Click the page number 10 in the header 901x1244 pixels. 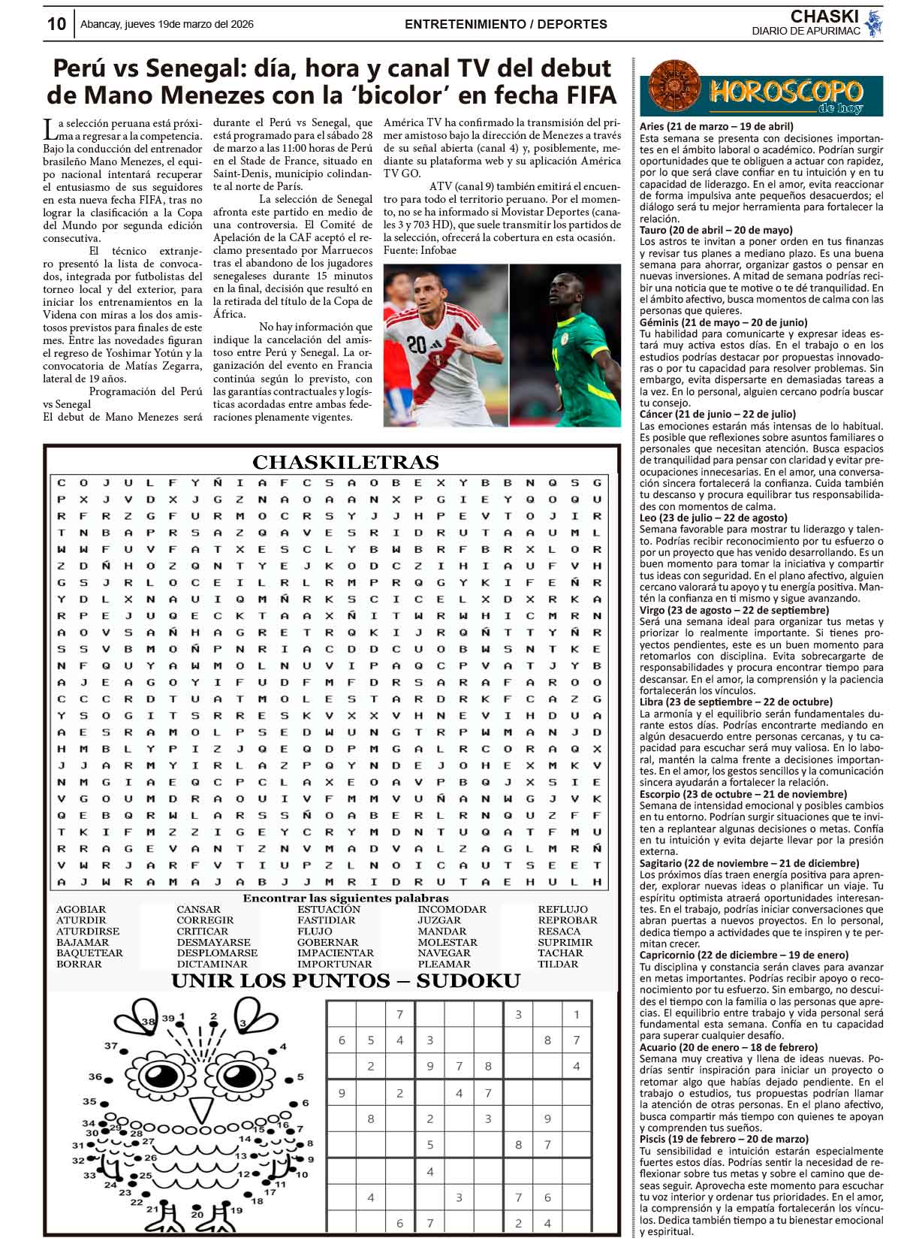click(56, 24)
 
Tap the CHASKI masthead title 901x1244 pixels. click(824, 16)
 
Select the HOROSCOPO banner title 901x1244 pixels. click(785, 92)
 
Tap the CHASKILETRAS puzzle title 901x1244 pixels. click(345, 462)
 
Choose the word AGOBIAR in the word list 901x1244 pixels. click(81, 909)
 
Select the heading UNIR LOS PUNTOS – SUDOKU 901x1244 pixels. click(345, 981)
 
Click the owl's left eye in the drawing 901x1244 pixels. click(158, 1073)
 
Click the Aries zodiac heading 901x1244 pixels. click(716, 127)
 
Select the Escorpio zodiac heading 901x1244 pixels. click(727, 794)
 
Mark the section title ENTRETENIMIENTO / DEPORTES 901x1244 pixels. click(505, 24)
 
